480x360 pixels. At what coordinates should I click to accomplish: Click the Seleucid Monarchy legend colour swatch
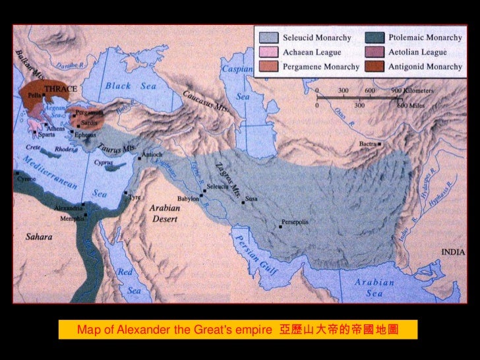[x=270, y=37]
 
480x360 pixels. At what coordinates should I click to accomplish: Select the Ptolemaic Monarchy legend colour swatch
[x=373, y=37]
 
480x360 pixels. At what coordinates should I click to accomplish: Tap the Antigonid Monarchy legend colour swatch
[x=373, y=67]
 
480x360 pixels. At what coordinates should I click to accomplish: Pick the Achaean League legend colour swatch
[x=270, y=52]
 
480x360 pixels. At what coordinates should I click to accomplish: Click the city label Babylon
[x=188, y=198]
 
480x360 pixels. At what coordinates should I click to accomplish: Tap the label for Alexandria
[x=69, y=208]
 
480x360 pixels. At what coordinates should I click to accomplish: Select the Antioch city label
[x=152, y=155]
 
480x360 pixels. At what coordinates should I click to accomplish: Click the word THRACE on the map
[x=61, y=88]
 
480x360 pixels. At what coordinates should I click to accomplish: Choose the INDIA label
[x=453, y=253]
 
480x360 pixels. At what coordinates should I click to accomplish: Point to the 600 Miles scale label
[x=409, y=104]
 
